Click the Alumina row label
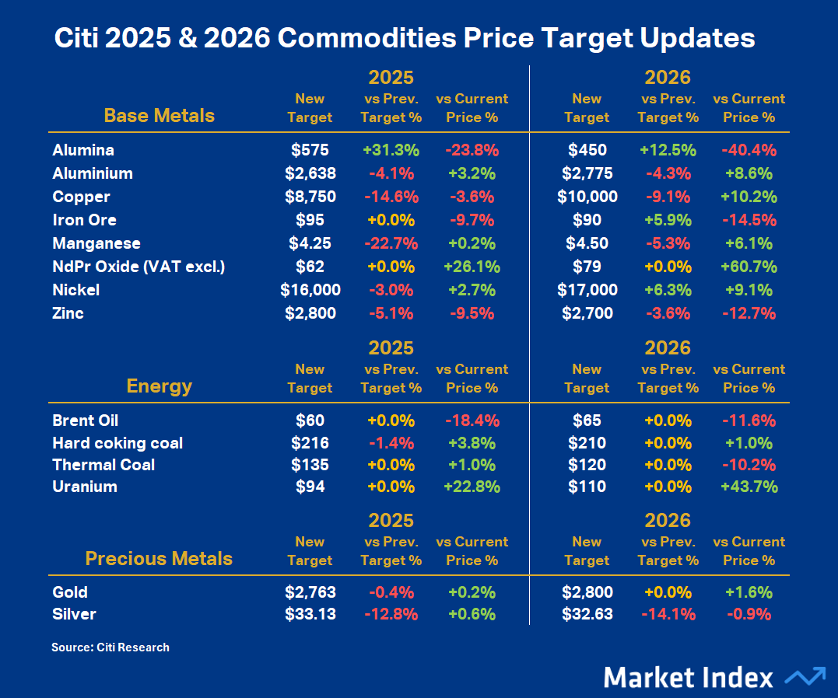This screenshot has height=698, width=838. point(83,150)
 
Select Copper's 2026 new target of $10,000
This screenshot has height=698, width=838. point(587,197)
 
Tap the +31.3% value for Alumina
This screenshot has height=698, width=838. point(391,150)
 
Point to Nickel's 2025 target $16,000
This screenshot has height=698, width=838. point(310,290)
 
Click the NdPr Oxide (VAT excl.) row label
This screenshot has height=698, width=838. point(138,267)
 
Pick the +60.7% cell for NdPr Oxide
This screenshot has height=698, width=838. point(749,267)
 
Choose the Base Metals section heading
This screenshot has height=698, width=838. point(159,116)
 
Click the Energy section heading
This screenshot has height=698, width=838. point(159,386)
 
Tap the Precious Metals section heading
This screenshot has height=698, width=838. point(159,559)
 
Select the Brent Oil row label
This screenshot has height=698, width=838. point(86,421)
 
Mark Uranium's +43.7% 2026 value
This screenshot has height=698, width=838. point(749,487)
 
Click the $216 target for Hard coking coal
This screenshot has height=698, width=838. point(310,443)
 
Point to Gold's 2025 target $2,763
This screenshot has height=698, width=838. point(310,592)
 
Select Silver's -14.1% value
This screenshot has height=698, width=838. point(668,614)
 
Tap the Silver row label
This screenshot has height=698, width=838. point(75,614)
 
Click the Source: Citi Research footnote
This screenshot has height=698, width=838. point(110,647)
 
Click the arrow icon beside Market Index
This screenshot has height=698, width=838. point(805,676)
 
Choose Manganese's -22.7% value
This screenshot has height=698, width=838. point(391,243)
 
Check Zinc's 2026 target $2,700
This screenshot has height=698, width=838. point(587,313)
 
